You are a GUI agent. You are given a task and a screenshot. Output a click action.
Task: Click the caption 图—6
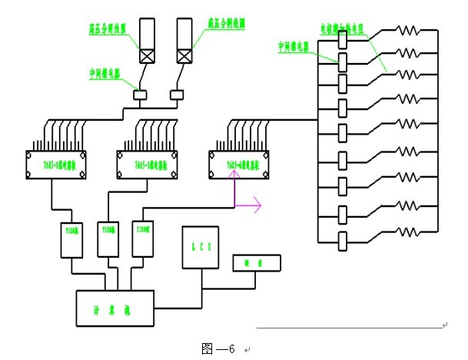click(217, 348)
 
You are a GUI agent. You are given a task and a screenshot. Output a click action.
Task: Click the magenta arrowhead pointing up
click(234, 177)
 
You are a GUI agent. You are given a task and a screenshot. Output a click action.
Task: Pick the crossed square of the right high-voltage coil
click(184, 55)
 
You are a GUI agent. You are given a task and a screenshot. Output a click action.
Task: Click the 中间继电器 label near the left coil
click(108, 73)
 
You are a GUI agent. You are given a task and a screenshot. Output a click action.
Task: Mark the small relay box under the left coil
click(141, 95)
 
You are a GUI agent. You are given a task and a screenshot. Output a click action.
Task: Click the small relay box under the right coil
click(177, 95)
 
